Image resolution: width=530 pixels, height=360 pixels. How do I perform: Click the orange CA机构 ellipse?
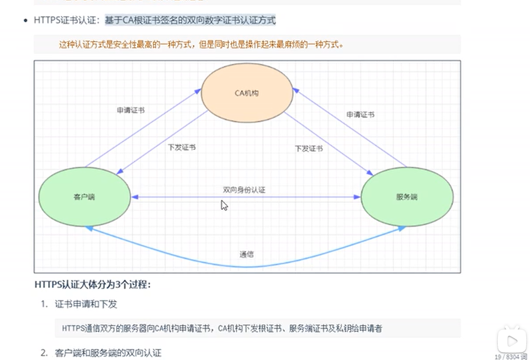[247, 94]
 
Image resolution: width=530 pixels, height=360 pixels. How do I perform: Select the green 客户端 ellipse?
[84, 197]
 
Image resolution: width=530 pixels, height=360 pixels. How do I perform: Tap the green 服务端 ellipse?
[407, 197]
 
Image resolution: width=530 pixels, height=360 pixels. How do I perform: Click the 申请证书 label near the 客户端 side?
[131, 111]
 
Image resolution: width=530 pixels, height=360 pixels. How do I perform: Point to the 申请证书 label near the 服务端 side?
[360, 114]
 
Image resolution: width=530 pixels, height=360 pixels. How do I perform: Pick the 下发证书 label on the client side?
[181, 148]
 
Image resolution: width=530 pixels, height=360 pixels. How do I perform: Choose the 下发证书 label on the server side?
[309, 149]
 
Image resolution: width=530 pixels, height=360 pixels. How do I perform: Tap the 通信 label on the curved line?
[247, 254]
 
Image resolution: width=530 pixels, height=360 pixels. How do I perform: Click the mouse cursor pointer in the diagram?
[224, 205]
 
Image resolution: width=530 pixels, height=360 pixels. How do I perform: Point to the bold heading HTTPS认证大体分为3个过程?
[93, 285]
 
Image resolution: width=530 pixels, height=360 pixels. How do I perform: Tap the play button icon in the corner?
[509, 340]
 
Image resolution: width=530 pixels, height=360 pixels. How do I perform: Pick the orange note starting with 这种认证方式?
[201, 45]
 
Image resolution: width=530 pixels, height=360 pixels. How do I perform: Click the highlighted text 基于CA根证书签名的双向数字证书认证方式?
[190, 21]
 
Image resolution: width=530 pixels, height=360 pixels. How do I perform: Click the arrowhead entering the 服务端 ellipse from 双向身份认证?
[358, 197]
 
